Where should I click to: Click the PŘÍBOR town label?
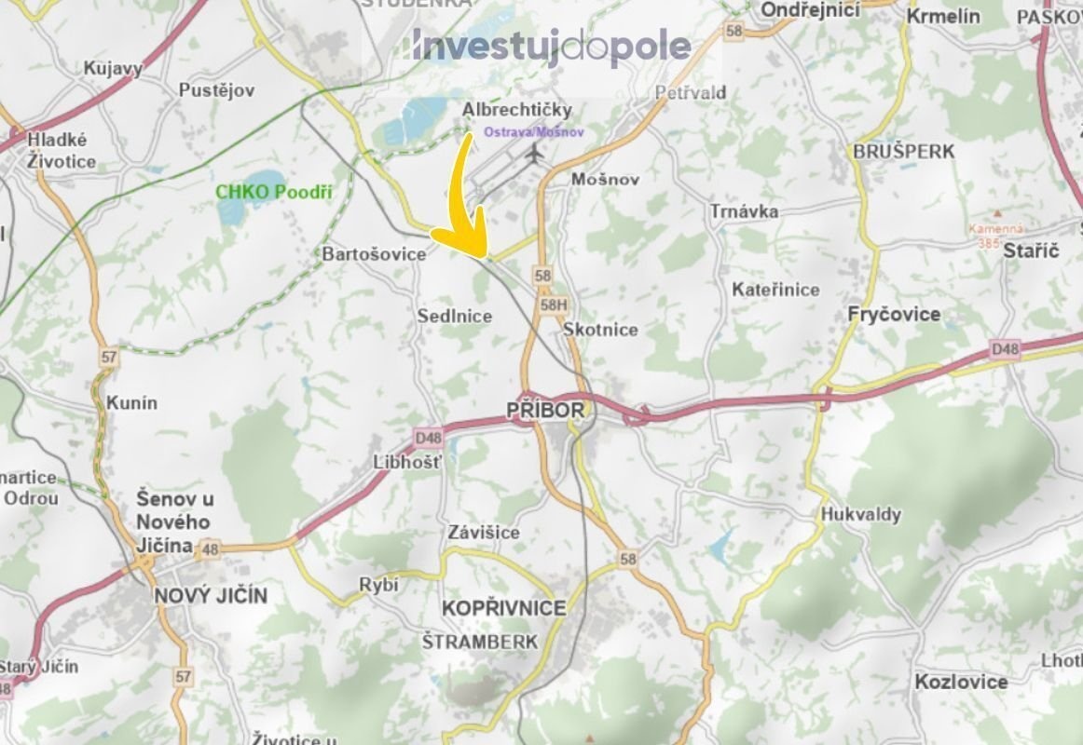pyautogui.click(x=546, y=410)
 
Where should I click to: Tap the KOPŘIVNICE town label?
pyautogui.click(x=503, y=608)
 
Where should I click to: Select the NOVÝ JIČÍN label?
pyautogui.click(x=211, y=595)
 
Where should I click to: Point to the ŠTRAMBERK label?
pyautogui.click(x=480, y=642)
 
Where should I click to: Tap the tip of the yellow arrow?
pyautogui.click(x=481, y=253)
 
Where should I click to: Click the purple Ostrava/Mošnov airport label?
pyautogui.click(x=534, y=132)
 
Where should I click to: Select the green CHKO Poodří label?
pyautogui.click(x=274, y=193)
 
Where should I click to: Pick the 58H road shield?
pyautogui.click(x=554, y=305)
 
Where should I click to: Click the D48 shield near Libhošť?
pyautogui.click(x=429, y=436)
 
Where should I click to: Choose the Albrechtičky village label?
pyautogui.click(x=517, y=110)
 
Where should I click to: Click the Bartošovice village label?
pyautogui.click(x=374, y=253)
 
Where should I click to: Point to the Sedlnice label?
pyautogui.click(x=454, y=317)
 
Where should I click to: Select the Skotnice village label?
pyautogui.click(x=600, y=330)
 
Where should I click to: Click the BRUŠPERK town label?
pyautogui.click(x=903, y=151)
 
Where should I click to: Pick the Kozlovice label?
pyautogui.click(x=961, y=682)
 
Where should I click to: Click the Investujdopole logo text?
pyautogui.click(x=551, y=47)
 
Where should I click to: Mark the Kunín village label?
pyautogui.click(x=132, y=403)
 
